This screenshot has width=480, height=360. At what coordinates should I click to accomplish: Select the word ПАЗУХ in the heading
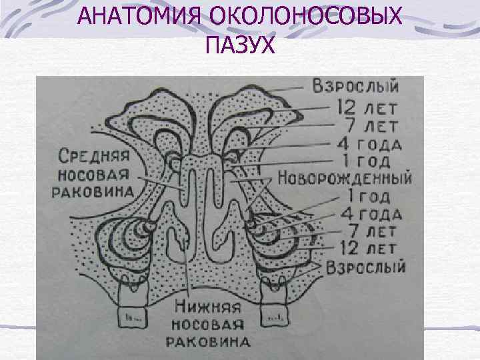pyautogui.click(x=240, y=46)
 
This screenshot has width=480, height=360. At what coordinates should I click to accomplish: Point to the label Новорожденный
pyautogui.click(x=345, y=179)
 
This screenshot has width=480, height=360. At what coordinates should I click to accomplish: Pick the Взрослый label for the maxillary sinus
pyautogui.click(x=366, y=267)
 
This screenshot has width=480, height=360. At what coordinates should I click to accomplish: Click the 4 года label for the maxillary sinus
pyautogui.click(x=370, y=215)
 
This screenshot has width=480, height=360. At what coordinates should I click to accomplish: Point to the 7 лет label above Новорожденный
pyautogui.click(x=367, y=125)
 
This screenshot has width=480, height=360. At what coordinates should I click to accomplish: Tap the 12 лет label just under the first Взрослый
pyautogui.click(x=367, y=106)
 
